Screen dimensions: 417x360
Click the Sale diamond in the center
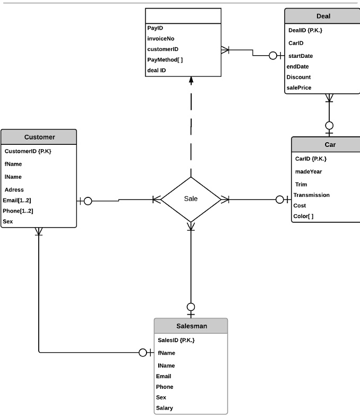click(x=191, y=199)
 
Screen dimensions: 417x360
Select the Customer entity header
click(x=39, y=137)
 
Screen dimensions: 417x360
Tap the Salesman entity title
click(x=191, y=326)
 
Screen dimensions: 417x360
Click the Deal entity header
click(x=323, y=16)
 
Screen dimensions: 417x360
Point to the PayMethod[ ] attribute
click(x=165, y=59)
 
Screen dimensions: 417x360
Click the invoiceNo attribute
click(x=160, y=38)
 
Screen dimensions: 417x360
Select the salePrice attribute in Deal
click(x=299, y=88)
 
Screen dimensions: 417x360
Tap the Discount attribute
click(x=298, y=77)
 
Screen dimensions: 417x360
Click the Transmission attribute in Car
click(x=311, y=195)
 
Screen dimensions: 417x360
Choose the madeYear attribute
click(x=308, y=171)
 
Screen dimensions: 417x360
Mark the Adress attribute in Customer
click(x=14, y=189)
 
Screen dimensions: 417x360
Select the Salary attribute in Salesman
click(x=164, y=408)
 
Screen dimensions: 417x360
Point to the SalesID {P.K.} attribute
click(x=176, y=340)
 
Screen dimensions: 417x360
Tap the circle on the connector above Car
click(x=329, y=126)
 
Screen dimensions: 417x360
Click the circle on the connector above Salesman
click(x=191, y=307)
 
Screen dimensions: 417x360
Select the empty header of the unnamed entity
click(x=183, y=16)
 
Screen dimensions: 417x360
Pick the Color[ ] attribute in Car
click(x=303, y=216)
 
